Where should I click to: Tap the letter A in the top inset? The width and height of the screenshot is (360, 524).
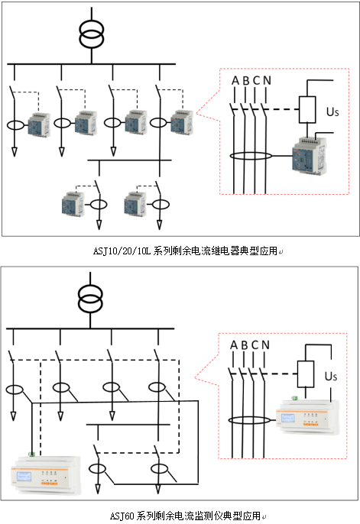[235, 80]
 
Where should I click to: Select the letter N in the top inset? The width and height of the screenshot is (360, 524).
[267, 80]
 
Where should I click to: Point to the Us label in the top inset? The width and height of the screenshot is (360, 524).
[332, 112]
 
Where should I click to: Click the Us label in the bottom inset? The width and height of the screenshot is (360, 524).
[331, 376]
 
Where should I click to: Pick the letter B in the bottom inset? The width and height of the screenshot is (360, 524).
[245, 345]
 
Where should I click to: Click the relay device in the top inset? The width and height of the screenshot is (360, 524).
[310, 155]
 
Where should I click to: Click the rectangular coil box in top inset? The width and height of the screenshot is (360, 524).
[307, 110]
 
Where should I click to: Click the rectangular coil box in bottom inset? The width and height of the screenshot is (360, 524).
[306, 374]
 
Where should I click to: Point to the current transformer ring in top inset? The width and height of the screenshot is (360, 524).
[251, 156]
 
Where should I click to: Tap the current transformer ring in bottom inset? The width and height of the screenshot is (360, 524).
[249, 420]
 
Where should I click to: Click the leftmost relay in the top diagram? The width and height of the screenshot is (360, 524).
[39, 125]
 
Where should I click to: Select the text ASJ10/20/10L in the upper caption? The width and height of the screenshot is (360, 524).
[122, 251]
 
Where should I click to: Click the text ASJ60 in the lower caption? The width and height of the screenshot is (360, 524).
[122, 516]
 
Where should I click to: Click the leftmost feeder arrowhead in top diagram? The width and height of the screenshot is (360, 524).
[14, 152]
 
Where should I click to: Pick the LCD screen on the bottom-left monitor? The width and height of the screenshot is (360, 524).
[24, 477]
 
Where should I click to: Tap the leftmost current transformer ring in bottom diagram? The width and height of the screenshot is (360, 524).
[15, 390]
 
